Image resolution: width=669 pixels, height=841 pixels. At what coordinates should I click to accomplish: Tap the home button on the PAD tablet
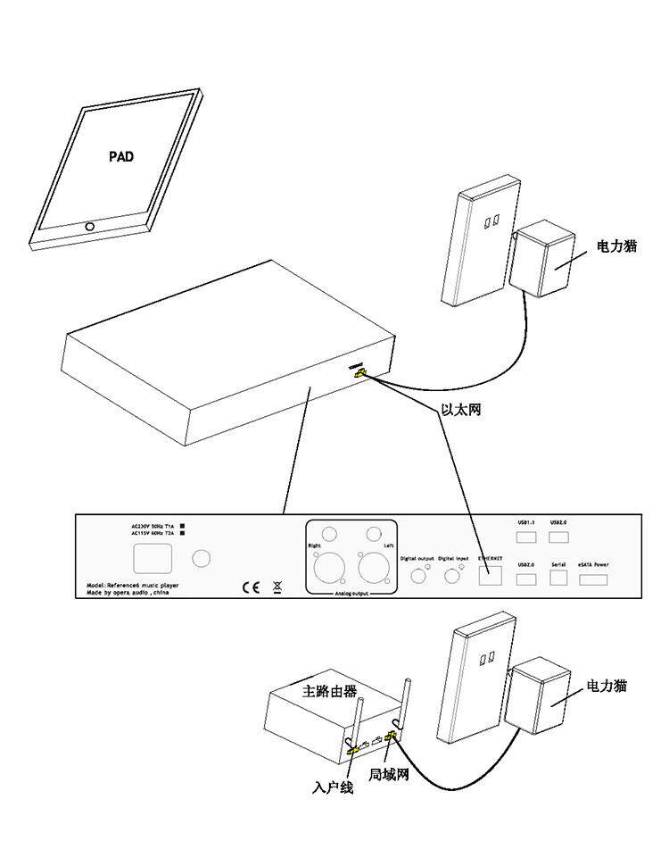tap(89, 226)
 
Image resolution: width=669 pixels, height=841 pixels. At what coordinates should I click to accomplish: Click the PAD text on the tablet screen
tap(121, 156)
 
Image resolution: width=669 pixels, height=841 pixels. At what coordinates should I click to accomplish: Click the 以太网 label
tap(461, 412)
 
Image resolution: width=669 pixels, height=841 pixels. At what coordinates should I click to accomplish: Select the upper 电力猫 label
tap(617, 246)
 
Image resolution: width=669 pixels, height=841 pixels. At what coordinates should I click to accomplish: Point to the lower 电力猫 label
tap(607, 686)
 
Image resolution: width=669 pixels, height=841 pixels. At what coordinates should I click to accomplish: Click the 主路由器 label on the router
tap(330, 691)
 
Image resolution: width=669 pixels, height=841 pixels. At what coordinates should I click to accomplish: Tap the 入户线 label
tap(333, 788)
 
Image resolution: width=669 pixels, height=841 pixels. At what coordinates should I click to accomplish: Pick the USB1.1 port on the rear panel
tap(526, 537)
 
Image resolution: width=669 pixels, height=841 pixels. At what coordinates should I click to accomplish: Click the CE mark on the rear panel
tap(251, 587)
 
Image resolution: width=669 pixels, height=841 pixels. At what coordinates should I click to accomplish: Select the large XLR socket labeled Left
tap(371, 567)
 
